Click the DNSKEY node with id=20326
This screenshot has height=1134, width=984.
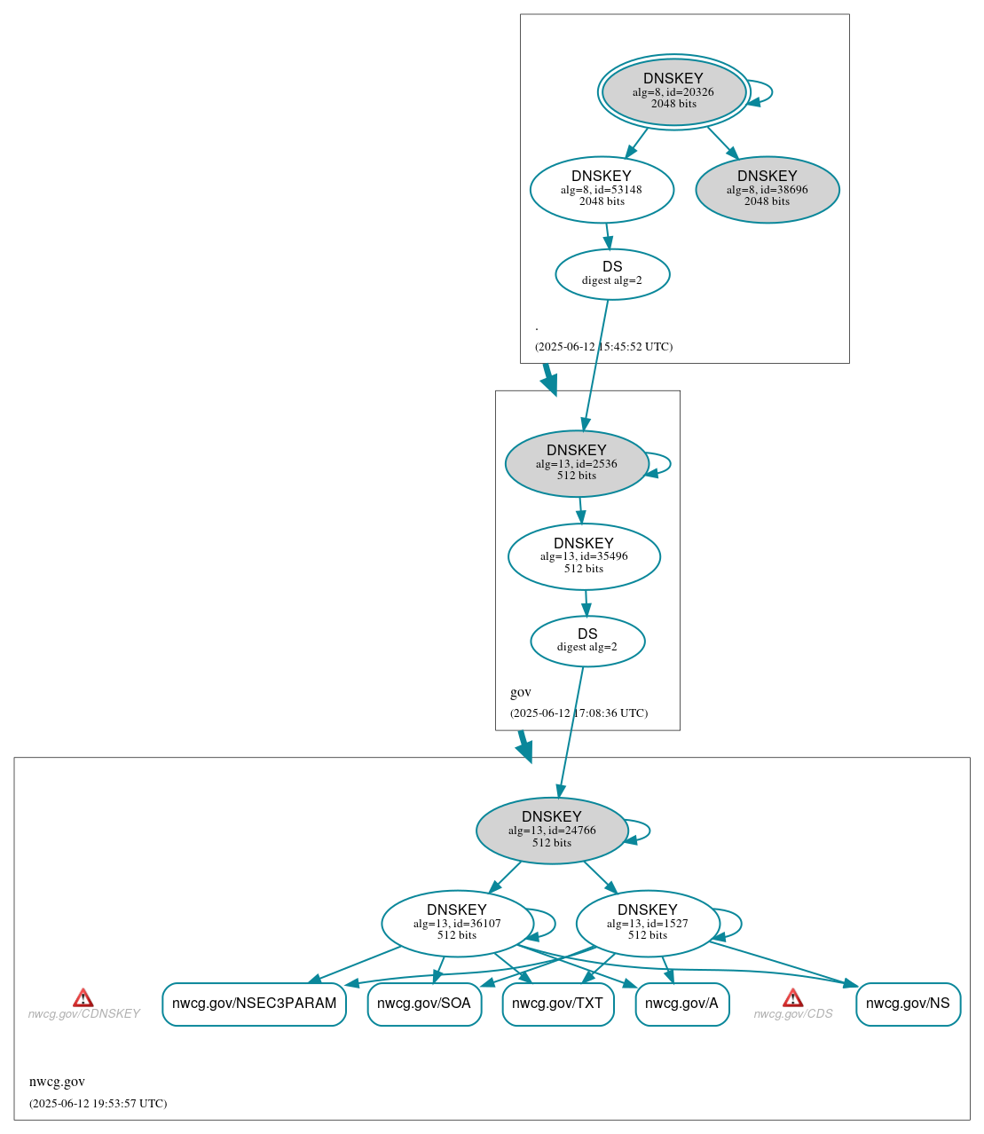click(673, 91)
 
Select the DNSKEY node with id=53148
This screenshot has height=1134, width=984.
click(602, 189)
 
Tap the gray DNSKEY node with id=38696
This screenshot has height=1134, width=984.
click(767, 189)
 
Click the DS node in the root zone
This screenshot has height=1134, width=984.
click(612, 274)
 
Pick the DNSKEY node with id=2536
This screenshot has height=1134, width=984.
click(576, 463)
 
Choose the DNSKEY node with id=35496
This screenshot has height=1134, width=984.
click(584, 556)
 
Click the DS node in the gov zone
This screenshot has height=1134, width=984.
click(587, 641)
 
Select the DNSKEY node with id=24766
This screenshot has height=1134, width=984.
click(552, 830)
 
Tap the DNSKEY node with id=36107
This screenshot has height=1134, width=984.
click(457, 923)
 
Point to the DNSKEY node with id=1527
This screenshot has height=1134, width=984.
click(647, 923)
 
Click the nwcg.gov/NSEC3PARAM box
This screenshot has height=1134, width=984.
click(254, 1004)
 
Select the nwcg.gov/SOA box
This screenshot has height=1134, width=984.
click(424, 1004)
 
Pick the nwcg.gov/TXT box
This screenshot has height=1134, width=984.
click(557, 1004)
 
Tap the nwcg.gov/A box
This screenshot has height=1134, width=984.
click(681, 1004)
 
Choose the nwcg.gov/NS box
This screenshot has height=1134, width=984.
click(908, 1004)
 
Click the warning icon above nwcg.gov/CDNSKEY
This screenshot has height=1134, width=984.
click(83, 998)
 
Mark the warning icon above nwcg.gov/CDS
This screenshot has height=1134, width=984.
click(792, 998)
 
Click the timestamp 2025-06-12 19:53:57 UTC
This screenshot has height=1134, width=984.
click(98, 1104)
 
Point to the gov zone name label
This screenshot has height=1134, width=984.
click(521, 692)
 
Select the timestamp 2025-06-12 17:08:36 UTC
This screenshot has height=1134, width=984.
click(579, 713)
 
